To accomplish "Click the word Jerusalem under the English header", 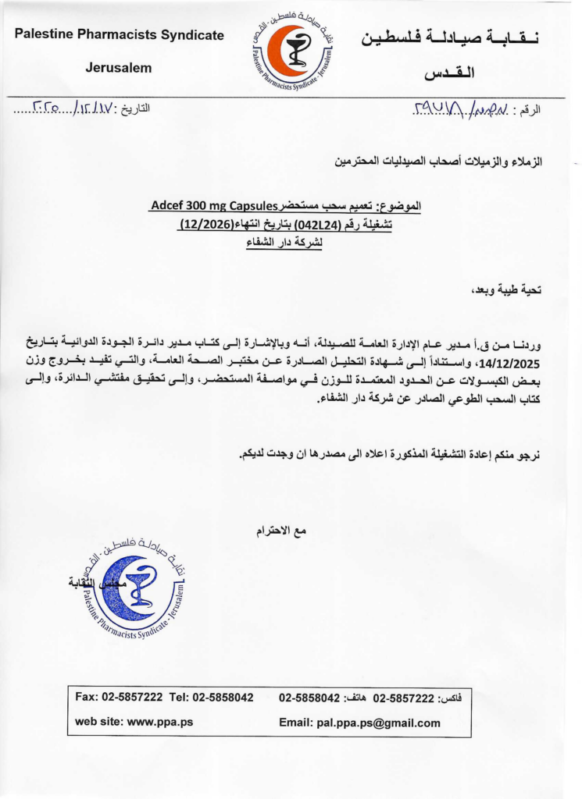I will [x=119, y=68].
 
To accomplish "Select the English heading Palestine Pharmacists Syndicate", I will [x=119, y=35].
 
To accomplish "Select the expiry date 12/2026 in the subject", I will [x=202, y=225].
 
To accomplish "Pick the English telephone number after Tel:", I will [x=223, y=697].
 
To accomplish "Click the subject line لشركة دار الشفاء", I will [x=284, y=243].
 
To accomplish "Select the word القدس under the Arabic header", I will [x=449, y=74].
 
